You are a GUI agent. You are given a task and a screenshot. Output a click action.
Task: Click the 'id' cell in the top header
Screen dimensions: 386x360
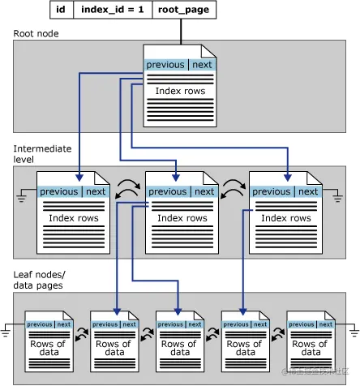click(61, 11)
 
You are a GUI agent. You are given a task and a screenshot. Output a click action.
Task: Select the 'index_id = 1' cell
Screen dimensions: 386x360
click(111, 11)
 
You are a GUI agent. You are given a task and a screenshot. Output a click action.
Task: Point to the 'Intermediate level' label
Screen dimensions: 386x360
click(42, 154)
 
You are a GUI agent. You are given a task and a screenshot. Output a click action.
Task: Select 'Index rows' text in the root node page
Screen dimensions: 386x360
click(179, 90)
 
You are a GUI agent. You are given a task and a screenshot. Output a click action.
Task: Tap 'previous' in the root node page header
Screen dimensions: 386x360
click(165, 65)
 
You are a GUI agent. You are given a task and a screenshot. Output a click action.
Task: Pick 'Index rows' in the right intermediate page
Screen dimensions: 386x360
click(285, 218)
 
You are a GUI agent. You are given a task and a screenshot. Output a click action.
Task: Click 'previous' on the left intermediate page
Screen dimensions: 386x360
click(59, 192)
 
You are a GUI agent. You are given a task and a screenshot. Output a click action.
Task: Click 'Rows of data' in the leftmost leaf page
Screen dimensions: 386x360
click(47, 348)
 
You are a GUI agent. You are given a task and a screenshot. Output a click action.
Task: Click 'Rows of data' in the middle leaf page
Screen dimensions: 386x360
click(179, 348)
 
